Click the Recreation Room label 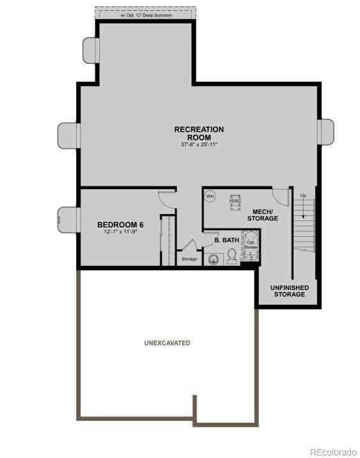[199, 133]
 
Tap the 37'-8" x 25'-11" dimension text [199, 145]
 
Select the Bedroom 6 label [120, 225]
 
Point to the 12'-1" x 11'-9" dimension [120, 233]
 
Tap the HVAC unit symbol [235, 201]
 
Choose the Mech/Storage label [263, 215]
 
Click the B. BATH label [227, 240]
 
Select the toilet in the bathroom [232, 257]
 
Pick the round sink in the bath [213, 259]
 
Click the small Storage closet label [189, 259]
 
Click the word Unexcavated [167, 343]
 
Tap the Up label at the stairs [303, 195]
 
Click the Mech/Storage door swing [280, 195]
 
